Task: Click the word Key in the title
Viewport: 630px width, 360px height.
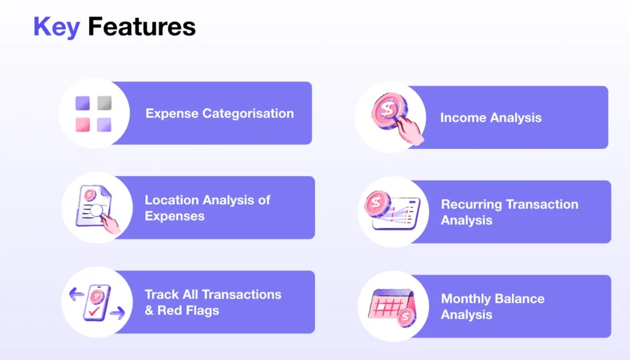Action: pos(56,27)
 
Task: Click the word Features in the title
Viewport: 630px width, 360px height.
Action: pos(142,27)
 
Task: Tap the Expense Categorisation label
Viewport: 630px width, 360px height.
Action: pos(220,113)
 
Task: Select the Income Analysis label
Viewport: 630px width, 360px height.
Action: pos(491,118)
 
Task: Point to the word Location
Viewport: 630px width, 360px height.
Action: pos(172,200)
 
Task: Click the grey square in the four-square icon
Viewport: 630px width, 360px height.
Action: pos(104,103)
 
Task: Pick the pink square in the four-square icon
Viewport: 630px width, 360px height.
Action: pos(83,124)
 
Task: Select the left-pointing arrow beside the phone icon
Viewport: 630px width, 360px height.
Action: pos(77,295)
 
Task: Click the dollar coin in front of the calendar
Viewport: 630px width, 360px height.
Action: pos(406,318)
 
